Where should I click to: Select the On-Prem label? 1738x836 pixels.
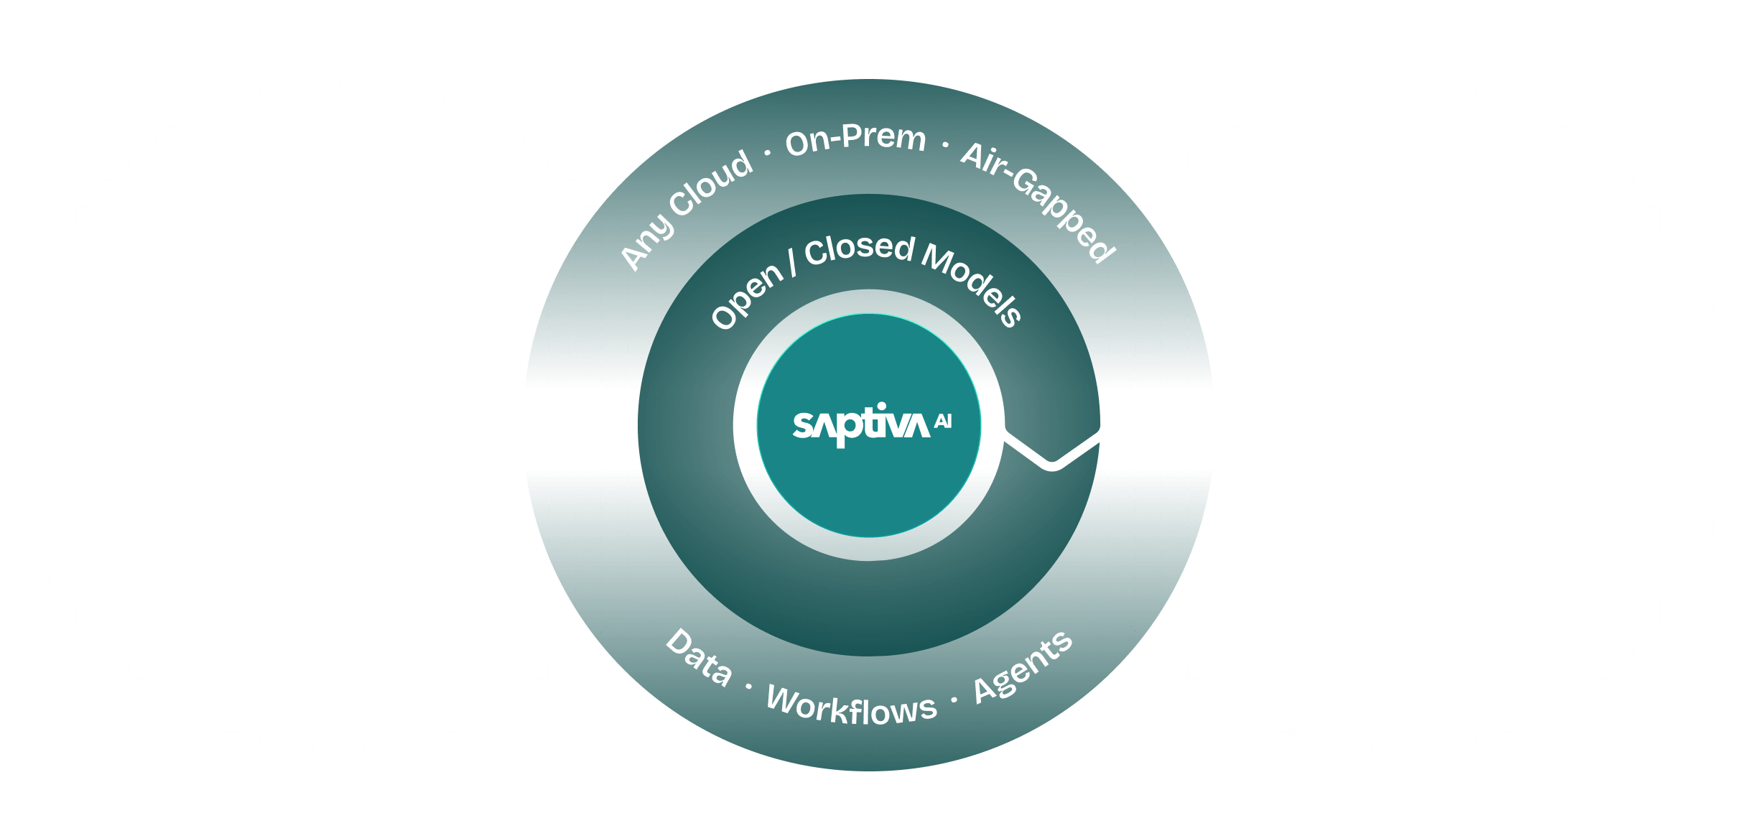pos(855,138)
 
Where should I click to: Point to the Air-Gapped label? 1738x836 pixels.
pos(1038,202)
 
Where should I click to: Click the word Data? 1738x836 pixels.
pos(699,658)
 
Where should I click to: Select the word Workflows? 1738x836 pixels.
pos(852,708)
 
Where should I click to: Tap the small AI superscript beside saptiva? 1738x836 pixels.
pos(943,422)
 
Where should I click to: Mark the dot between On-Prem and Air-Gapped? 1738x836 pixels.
pos(944,146)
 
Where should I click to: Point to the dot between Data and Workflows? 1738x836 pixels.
pos(748,687)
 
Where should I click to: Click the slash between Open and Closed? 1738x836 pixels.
pos(793,264)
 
